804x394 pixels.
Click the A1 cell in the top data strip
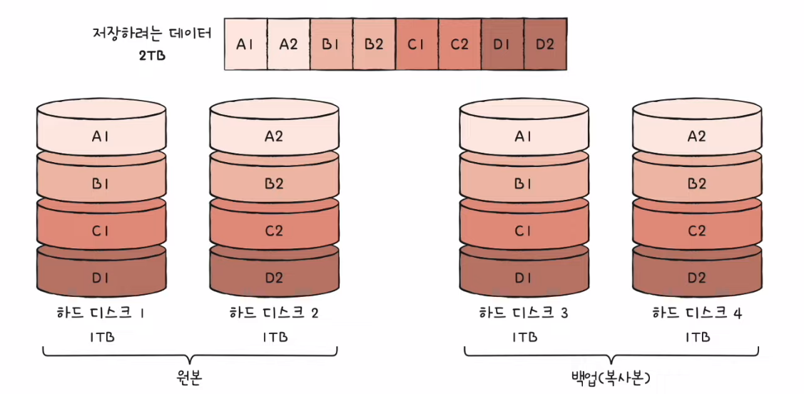[x=245, y=44]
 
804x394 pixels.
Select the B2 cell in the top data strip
[x=374, y=44]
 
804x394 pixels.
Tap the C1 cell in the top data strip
[x=417, y=44]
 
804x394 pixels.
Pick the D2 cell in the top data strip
[x=545, y=44]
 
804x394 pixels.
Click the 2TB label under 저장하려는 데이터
[x=153, y=54]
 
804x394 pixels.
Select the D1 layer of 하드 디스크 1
[x=101, y=277]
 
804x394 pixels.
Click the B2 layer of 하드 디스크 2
[x=273, y=183]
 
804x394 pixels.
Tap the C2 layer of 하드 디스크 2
[x=273, y=231]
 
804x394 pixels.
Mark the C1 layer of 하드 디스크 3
[x=524, y=231]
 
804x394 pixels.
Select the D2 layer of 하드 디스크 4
[x=696, y=277]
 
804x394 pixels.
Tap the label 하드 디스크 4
[x=697, y=313]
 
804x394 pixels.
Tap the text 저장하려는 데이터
[x=152, y=34]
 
